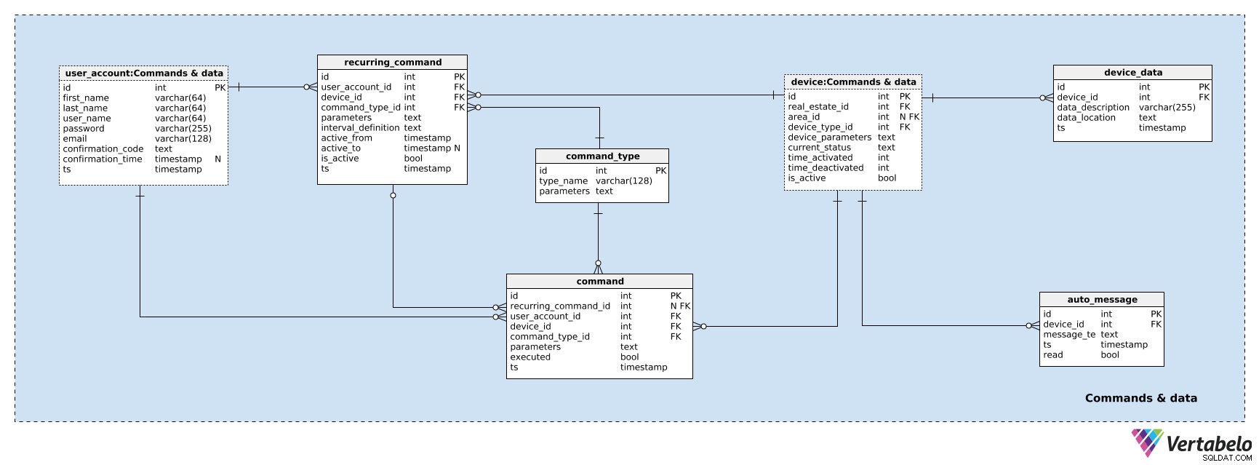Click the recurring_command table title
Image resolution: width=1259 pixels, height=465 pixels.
coord(393,63)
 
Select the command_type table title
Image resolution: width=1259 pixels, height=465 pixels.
coord(602,156)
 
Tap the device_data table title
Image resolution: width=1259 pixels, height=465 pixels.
coord(1132,73)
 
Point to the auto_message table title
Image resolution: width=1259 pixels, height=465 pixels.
coord(1102,300)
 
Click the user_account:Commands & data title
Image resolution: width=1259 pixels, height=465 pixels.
coord(144,73)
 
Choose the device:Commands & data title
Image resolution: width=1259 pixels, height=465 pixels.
coord(853,82)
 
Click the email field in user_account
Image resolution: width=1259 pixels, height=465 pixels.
coord(75,139)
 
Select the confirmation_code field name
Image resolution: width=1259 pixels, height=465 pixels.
coord(103,149)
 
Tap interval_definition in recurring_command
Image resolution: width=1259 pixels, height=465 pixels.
coord(361,128)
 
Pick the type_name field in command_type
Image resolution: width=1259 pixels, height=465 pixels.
coord(564,181)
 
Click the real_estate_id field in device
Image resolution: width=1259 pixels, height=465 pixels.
coord(818,107)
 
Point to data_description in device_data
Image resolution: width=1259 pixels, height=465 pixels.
coord(1093,108)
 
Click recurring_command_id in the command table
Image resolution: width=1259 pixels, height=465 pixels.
coord(560,306)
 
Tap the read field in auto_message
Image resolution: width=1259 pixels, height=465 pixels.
coord(1053,355)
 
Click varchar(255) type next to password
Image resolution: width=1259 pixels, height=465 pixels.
coord(183,129)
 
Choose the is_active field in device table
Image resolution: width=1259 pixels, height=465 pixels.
coord(807,178)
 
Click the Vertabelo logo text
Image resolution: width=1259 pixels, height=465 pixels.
coord(1210,443)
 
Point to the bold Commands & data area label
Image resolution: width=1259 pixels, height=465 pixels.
coord(1141,398)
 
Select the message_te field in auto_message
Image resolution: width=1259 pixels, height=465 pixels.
coord(1069,335)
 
